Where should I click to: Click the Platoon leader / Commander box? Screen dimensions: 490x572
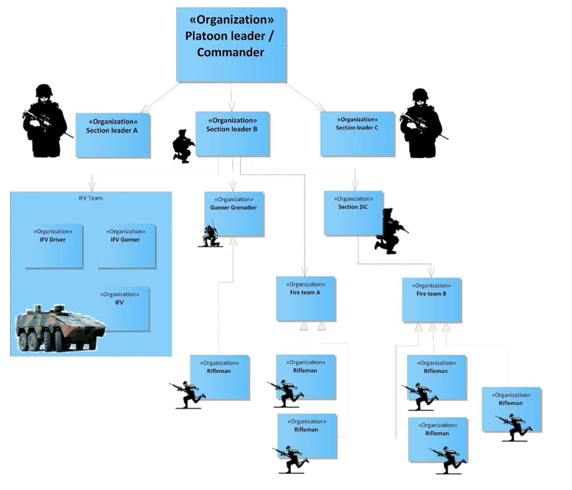pyautogui.click(x=231, y=44)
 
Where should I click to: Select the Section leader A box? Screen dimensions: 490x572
pyautogui.click(x=112, y=135)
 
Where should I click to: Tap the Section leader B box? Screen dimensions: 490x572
pyautogui.click(x=232, y=133)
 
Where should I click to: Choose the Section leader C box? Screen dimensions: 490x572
pyautogui.click(x=357, y=133)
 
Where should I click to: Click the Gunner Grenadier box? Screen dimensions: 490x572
pyautogui.click(x=234, y=213)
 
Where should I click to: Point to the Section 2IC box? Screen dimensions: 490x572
pyautogui.click(x=353, y=212)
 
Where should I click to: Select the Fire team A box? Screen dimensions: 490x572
pyautogui.click(x=305, y=298)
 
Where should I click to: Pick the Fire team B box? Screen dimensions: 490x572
pyautogui.click(x=431, y=300)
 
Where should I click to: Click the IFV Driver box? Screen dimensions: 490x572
pyautogui.click(x=54, y=246)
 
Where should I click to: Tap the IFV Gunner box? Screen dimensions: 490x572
pyautogui.click(x=126, y=246)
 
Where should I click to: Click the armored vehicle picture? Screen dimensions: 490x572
pyautogui.click(x=60, y=328)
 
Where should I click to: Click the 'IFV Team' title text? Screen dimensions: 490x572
pyautogui.click(x=90, y=198)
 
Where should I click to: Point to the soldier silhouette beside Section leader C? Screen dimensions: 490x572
pyautogui.click(x=421, y=124)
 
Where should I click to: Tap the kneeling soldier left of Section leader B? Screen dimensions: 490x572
pyautogui.click(x=183, y=146)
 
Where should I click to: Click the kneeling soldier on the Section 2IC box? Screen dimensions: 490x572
pyautogui.click(x=389, y=232)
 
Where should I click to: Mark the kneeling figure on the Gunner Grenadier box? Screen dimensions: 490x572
pyautogui.click(x=212, y=235)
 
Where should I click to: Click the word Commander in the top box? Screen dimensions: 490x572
pyautogui.click(x=230, y=53)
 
